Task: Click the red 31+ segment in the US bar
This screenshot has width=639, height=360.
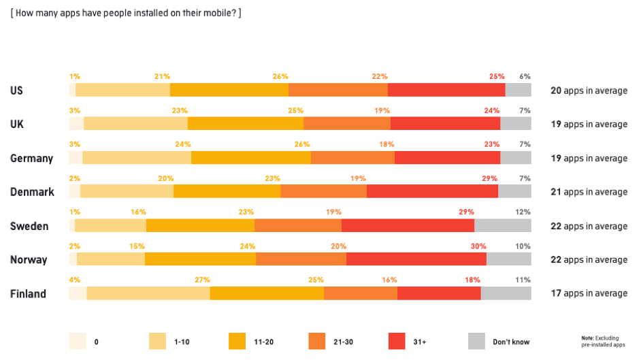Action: click(446, 90)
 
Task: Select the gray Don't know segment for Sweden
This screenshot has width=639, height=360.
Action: click(502, 225)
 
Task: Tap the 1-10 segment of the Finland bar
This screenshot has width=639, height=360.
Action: click(148, 293)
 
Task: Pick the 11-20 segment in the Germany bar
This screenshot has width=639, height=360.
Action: click(251, 158)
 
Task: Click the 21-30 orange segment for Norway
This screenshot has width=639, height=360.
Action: click(301, 259)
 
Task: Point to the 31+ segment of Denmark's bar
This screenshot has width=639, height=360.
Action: click(432, 191)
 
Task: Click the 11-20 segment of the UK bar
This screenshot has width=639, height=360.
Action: click(246, 124)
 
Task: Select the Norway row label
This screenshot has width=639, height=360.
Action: click(29, 260)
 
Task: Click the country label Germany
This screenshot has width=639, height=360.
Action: click(31, 159)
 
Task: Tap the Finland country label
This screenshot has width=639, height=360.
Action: click(28, 294)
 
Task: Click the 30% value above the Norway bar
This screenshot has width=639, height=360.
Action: click(478, 246)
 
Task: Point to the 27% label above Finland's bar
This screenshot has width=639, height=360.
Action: click(202, 280)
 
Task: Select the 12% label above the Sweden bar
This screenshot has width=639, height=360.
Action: click(523, 212)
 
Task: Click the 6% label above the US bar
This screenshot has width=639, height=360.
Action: click(525, 77)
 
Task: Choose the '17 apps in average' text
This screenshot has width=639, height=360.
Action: click(589, 293)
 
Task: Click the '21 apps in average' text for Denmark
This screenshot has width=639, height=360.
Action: click(589, 192)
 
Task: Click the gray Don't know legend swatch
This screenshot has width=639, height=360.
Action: click(477, 341)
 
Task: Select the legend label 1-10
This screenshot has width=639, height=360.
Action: click(182, 342)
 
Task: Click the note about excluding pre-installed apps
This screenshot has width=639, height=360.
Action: click(603, 342)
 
